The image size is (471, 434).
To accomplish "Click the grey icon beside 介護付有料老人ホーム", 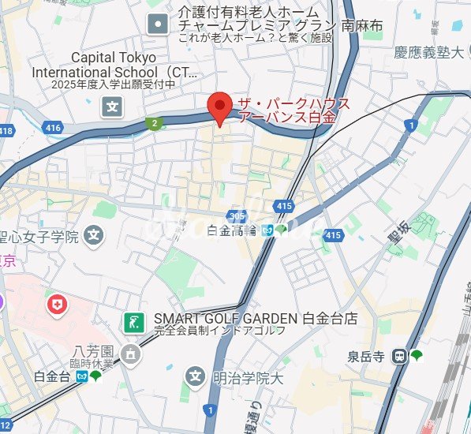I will [x=159, y=24].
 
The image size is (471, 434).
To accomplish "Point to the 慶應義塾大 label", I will [x=431, y=53].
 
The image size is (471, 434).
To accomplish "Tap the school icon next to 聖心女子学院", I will [x=95, y=235].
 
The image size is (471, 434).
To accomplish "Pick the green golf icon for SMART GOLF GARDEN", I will [x=133, y=320].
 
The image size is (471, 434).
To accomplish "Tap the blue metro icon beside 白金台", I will [x=81, y=376].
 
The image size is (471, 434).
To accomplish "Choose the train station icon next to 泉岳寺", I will [x=400, y=356].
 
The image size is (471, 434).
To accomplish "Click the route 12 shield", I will [x=6, y=426].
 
